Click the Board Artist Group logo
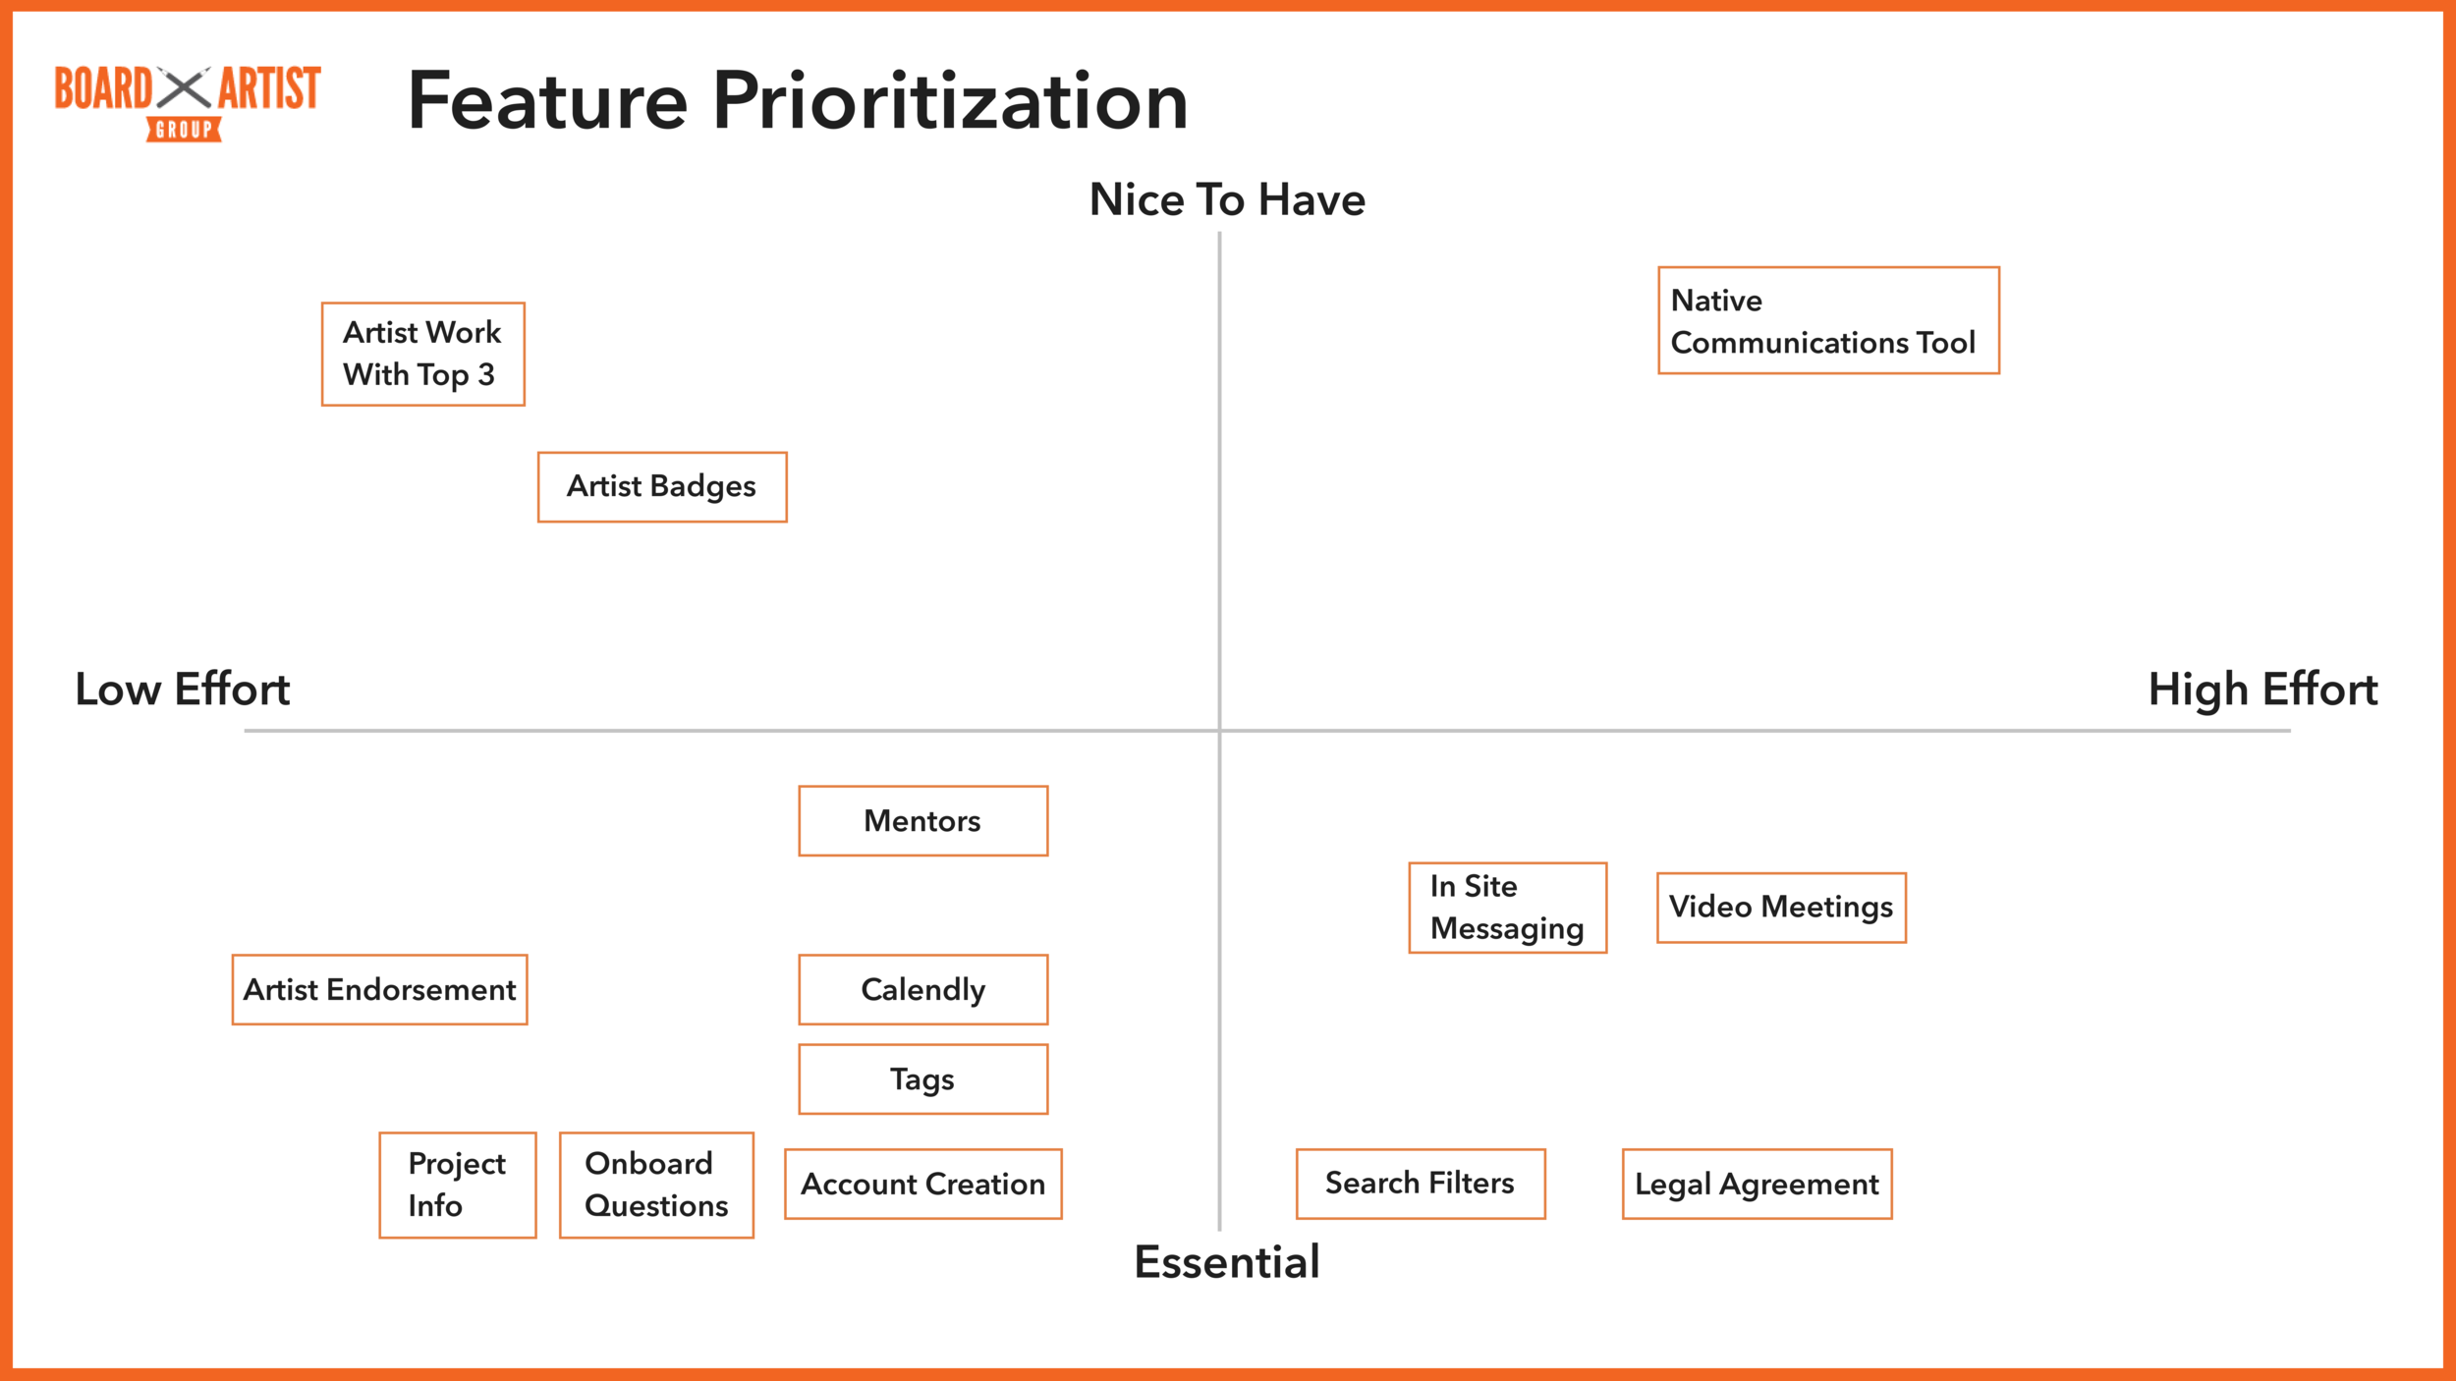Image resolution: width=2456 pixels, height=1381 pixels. pos(187,102)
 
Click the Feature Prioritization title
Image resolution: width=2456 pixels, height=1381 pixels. pos(797,101)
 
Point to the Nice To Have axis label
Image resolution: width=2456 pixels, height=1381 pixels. pos(1227,200)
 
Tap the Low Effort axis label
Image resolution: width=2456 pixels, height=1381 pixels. pos(183,690)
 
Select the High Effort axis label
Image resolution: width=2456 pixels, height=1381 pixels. pos(2262,690)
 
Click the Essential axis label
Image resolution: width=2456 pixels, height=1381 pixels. pos(1227,1262)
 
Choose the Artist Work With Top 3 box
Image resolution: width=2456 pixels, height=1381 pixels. pos(423,355)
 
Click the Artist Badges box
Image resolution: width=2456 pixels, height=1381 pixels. pos(662,487)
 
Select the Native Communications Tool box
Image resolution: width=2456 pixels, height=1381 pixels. pos(1828,321)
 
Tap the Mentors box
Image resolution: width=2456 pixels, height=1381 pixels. pos(922,821)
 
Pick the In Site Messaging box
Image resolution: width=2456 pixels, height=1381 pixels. pos(1507,909)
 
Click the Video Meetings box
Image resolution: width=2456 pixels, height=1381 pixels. pos(1781,908)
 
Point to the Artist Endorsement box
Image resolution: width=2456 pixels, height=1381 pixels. pos(379,990)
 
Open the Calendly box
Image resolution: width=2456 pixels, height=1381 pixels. pos(922,990)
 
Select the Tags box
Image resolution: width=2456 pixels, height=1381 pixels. pos(922,1079)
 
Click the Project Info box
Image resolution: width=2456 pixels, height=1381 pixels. pos(458,1186)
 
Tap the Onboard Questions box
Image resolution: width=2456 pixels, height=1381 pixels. pos(656,1186)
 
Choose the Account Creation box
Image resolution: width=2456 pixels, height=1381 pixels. pos(922,1185)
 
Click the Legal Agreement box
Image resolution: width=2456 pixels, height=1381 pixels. pos(1757,1185)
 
